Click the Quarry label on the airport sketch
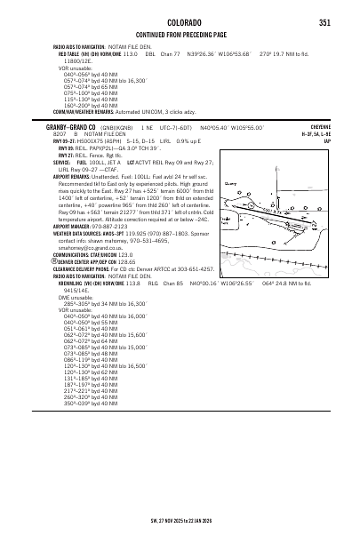[233, 182]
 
